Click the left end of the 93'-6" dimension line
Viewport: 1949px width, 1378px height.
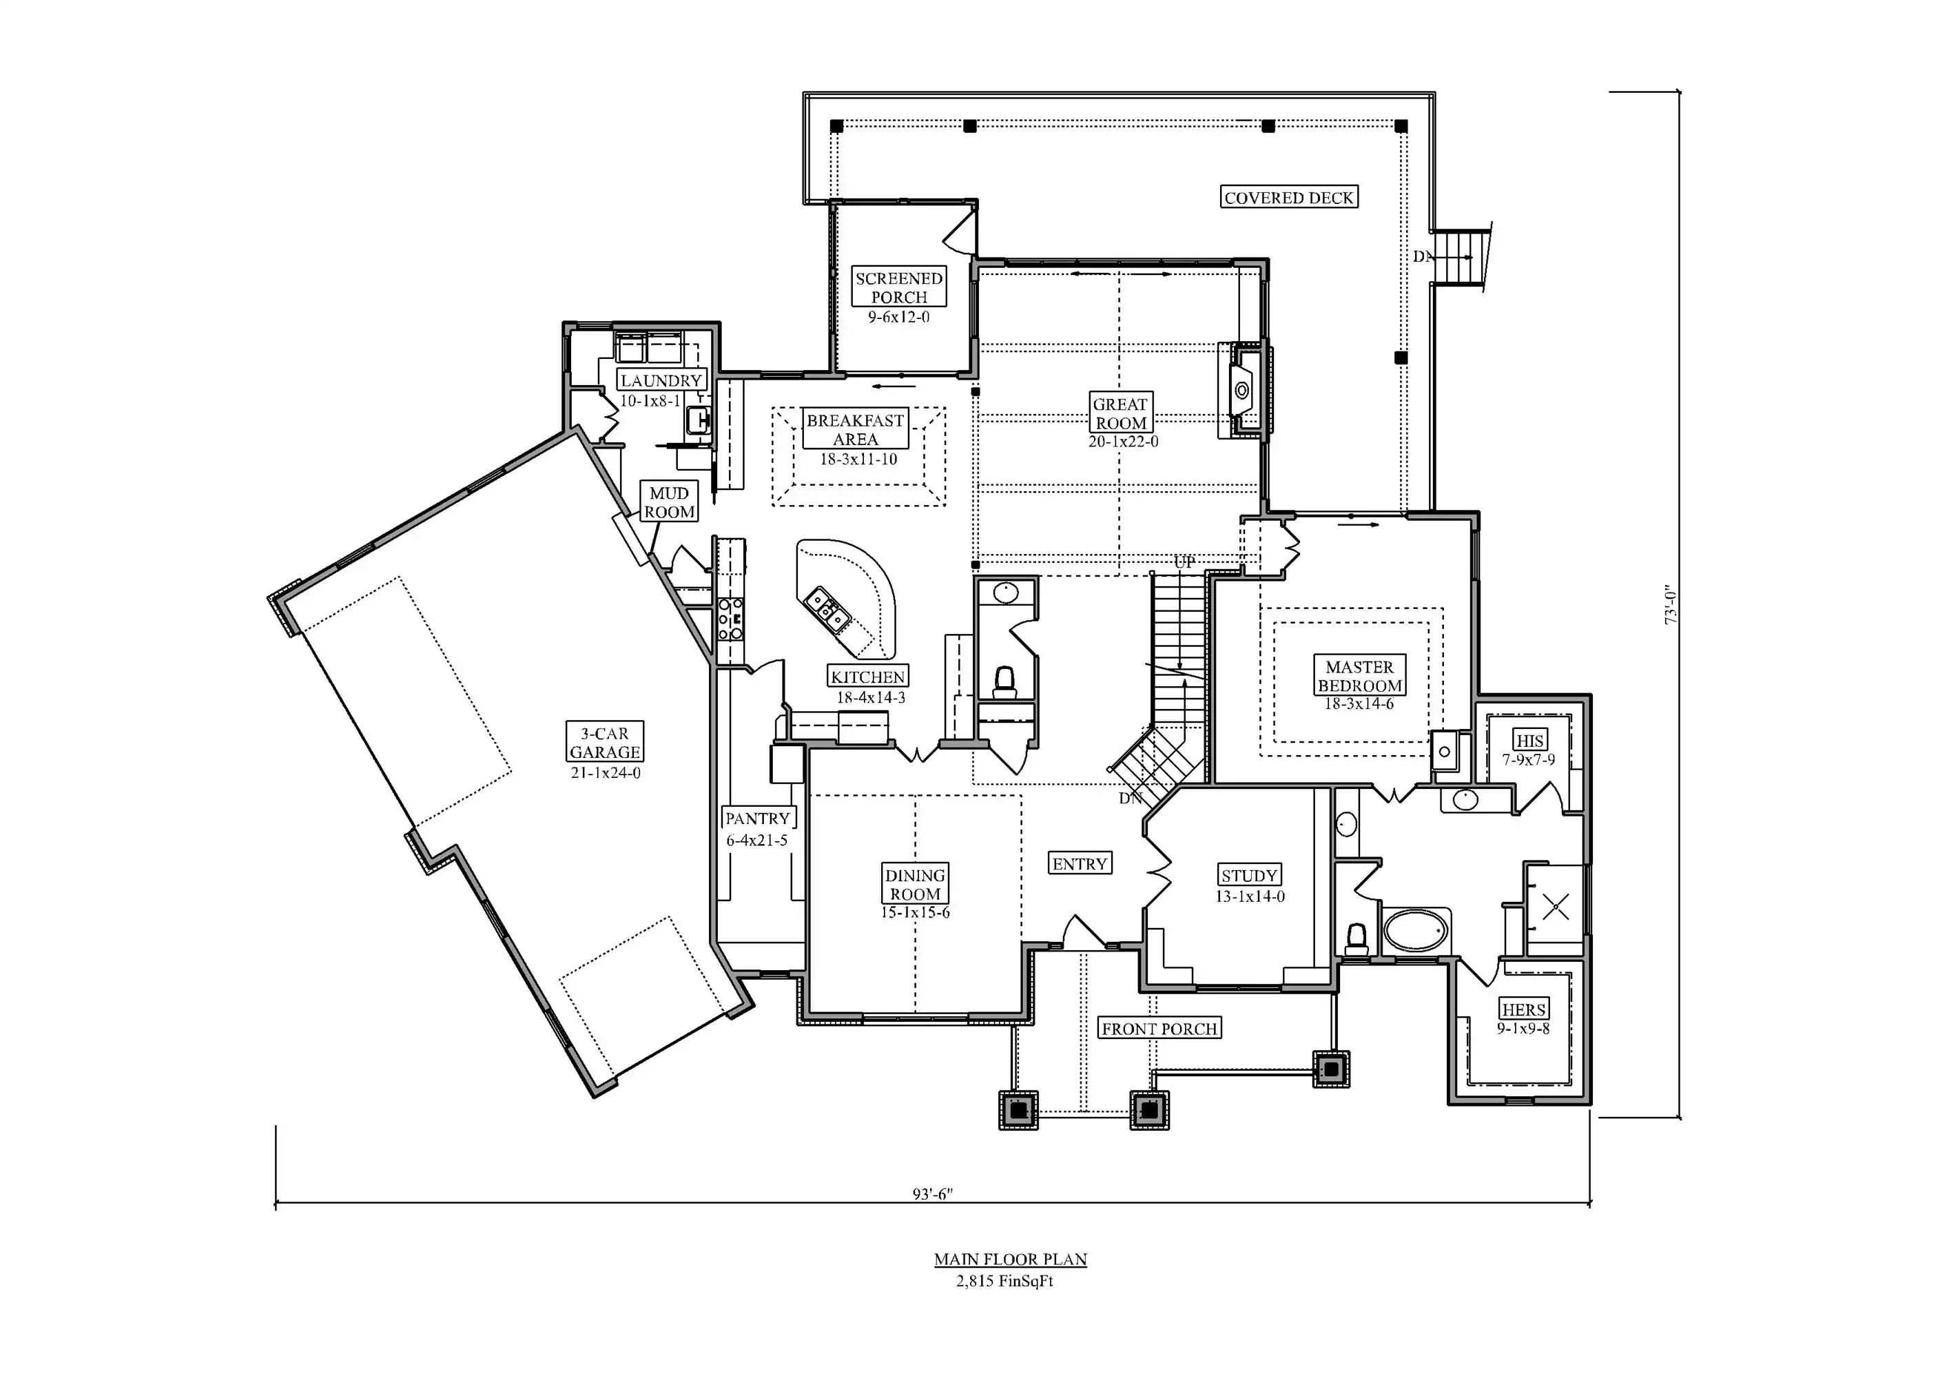(275, 1203)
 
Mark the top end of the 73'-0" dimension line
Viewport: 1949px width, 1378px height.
(1680, 91)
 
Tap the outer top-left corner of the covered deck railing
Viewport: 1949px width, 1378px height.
(804, 92)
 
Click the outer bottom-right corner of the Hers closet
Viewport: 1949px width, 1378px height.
(1591, 1104)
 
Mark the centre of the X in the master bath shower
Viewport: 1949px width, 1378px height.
(1555, 907)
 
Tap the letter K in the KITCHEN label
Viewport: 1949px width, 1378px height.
(837, 677)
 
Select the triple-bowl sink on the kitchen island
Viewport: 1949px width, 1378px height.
(827, 610)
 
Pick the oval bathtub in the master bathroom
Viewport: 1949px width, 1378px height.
(1416, 932)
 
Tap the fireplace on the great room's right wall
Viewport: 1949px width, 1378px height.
(1244, 390)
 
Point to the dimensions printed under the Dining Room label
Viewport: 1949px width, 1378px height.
(915, 913)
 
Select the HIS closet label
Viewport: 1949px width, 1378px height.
(1529, 741)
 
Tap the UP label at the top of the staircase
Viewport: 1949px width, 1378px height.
(1184, 562)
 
